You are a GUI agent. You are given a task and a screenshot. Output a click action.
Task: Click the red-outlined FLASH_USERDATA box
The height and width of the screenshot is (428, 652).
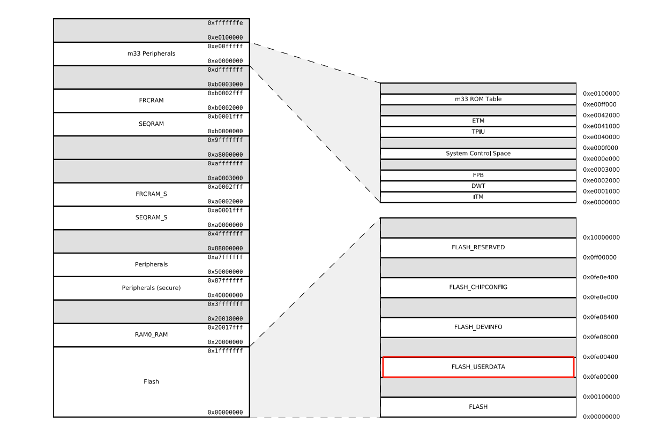(x=478, y=367)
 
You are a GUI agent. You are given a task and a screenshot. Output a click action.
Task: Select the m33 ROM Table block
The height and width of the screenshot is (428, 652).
(x=478, y=99)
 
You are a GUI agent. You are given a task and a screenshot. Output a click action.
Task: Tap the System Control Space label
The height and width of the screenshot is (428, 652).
(x=478, y=154)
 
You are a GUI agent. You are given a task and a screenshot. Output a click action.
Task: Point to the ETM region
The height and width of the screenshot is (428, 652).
(x=478, y=121)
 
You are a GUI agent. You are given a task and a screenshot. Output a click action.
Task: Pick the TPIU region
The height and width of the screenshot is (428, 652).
(x=478, y=132)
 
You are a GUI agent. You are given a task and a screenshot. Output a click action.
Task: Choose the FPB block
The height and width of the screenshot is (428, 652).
(x=478, y=175)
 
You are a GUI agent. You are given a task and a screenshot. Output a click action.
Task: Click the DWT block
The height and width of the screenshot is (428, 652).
(x=478, y=186)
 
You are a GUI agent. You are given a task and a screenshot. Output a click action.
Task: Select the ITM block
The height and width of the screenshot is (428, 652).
(x=478, y=197)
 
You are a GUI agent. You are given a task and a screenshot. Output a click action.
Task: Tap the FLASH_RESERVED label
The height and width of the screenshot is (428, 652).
(x=478, y=248)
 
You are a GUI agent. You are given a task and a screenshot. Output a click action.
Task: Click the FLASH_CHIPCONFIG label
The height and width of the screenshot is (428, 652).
(x=478, y=287)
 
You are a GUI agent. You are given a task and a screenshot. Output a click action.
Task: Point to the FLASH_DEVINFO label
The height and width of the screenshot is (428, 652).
(x=478, y=327)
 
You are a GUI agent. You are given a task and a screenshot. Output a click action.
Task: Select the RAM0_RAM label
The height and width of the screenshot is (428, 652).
(x=151, y=334)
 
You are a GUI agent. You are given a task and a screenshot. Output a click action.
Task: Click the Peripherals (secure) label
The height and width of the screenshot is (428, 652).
(x=151, y=288)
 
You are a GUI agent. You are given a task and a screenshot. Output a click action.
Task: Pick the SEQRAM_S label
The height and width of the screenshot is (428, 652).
(x=151, y=218)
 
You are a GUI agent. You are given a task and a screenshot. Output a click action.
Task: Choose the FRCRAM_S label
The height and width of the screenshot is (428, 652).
(x=151, y=194)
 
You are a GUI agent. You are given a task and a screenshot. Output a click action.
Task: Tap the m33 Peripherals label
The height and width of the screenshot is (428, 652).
(x=151, y=53)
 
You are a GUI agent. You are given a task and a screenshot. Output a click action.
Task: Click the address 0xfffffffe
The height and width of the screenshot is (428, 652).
(x=225, y=22)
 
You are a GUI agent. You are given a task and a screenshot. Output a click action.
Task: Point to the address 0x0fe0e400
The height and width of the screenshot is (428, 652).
(x=601, y=277)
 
